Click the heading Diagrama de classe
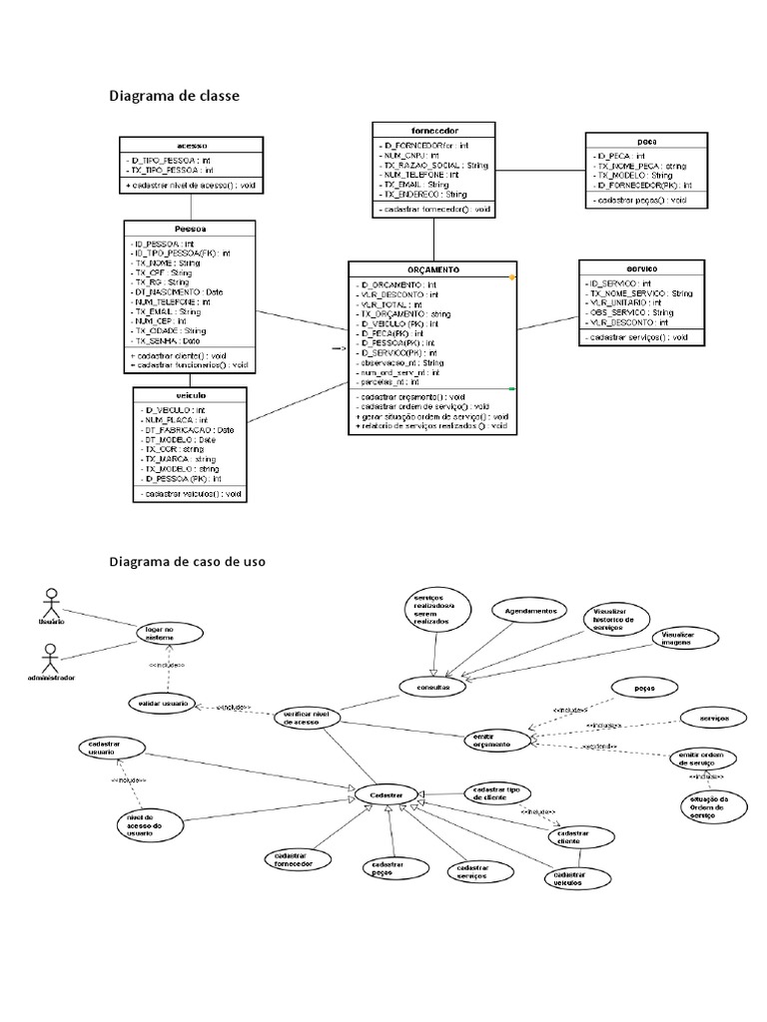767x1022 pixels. pos(174,97)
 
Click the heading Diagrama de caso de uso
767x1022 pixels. pos(187,562)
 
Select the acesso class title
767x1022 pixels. pos(190,145)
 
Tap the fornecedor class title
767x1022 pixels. pos(433,130)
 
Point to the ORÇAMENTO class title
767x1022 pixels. pos(432,269)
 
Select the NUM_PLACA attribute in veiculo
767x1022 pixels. pos(171,421)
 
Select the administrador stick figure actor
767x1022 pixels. pos(51,657)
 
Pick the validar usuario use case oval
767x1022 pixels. pos(160,704)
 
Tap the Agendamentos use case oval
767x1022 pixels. pos(528,611)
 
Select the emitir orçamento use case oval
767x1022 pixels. pos(496,740)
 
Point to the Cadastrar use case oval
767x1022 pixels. pos(385,794)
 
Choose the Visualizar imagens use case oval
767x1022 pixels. pos(676,639)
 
